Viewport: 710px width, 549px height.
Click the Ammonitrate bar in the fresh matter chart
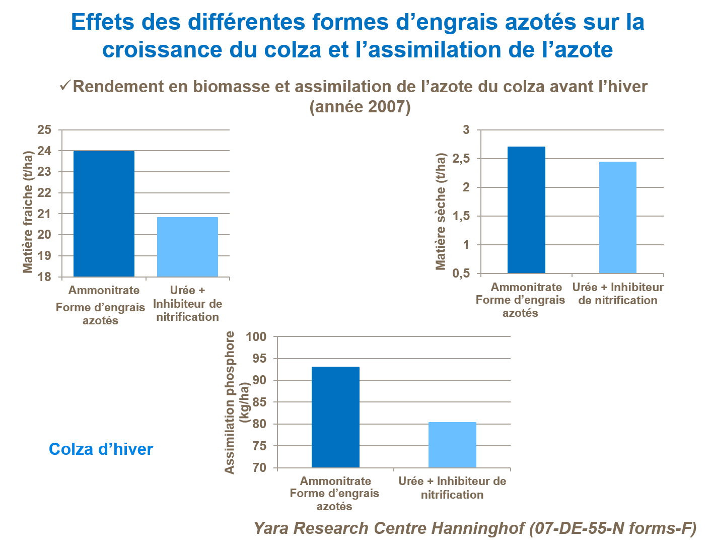click(x=104, y=214)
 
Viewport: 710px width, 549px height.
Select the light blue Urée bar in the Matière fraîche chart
click(x=187, y=247)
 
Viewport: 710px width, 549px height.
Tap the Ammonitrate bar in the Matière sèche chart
click(x=526, y=210)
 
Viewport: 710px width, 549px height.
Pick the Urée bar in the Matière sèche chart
click(x=617, y=218)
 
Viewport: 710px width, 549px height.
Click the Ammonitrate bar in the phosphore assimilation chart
click(x=335, y=417)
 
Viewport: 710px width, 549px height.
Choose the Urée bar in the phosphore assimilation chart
click(x=452, y=445)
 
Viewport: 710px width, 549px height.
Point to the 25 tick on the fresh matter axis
click(x=45, y=130)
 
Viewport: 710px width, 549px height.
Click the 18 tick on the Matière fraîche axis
click(x=45, y=277)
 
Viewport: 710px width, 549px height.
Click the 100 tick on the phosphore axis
click(x=256, y=336)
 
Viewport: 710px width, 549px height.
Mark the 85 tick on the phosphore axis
click(x=259, y=402)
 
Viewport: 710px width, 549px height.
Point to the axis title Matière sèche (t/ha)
click(x=441, y=212)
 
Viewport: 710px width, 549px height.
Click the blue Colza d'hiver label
click(x=101, y=449)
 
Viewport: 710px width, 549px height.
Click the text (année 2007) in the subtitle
click(x=360, y=107)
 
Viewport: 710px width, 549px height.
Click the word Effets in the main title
click(x=103, y=22)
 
